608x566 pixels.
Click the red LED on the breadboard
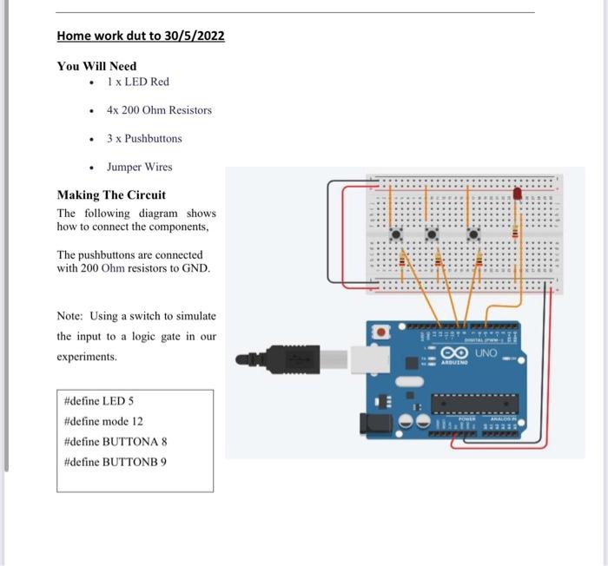(518, 194)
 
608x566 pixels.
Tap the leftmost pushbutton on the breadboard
(396, 233)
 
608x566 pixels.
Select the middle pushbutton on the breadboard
(433, 233)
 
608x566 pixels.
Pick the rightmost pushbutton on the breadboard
(473, 233)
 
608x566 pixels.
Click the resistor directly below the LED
(515, 232)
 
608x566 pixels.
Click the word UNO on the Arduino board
(486, 353)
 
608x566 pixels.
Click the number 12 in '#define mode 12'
(137, 421)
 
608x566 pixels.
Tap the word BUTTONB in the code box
(130, 461)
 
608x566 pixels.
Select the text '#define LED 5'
(99, 401)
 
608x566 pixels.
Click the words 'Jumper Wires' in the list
(139, 167)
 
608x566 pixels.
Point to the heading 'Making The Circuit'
(111, 194)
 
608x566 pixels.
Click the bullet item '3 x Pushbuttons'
(144, 138)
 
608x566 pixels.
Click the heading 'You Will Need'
(96, 66)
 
